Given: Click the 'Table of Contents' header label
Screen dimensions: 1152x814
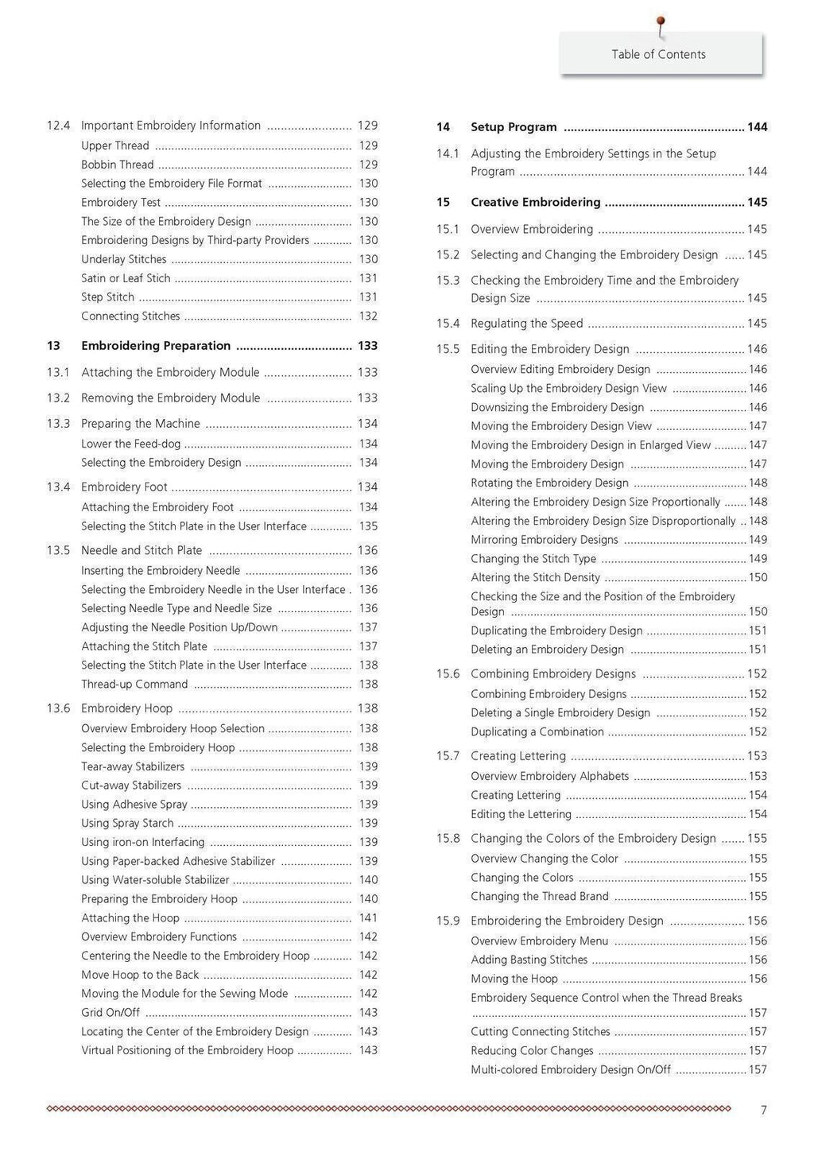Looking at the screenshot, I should pos(658,54).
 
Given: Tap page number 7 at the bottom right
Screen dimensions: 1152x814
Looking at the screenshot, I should pos(764,1110).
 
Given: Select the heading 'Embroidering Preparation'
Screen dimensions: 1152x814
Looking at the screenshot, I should pos(156,346).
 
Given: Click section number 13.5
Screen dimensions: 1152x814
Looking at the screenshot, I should pos(58,550).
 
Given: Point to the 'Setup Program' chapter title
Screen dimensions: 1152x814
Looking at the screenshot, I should pos(514,127).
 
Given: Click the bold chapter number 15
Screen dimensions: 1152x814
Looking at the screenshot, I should pos(443,203).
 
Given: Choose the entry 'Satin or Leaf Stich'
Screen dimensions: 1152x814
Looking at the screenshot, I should pos(126,278).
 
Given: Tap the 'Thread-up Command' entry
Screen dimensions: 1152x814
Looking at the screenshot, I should pos(134,685).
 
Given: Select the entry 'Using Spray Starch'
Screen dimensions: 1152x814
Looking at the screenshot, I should pos(127,824).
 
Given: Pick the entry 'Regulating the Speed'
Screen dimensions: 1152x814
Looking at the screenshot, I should pos(526,324).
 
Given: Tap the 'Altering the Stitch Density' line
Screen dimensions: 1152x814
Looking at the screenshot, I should pos(535,578).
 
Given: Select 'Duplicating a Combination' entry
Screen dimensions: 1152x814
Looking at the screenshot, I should pos(537,732).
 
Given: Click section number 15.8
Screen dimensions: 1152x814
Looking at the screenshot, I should pos(448,839).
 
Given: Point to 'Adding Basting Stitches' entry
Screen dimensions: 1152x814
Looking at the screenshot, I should pos(529,960).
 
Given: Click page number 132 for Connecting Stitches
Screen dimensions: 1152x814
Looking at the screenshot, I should pos(368,316).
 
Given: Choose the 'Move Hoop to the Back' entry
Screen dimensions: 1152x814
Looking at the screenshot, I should pos(140,975).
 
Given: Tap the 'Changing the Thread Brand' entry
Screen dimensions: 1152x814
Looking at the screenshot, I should pos(539,897).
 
